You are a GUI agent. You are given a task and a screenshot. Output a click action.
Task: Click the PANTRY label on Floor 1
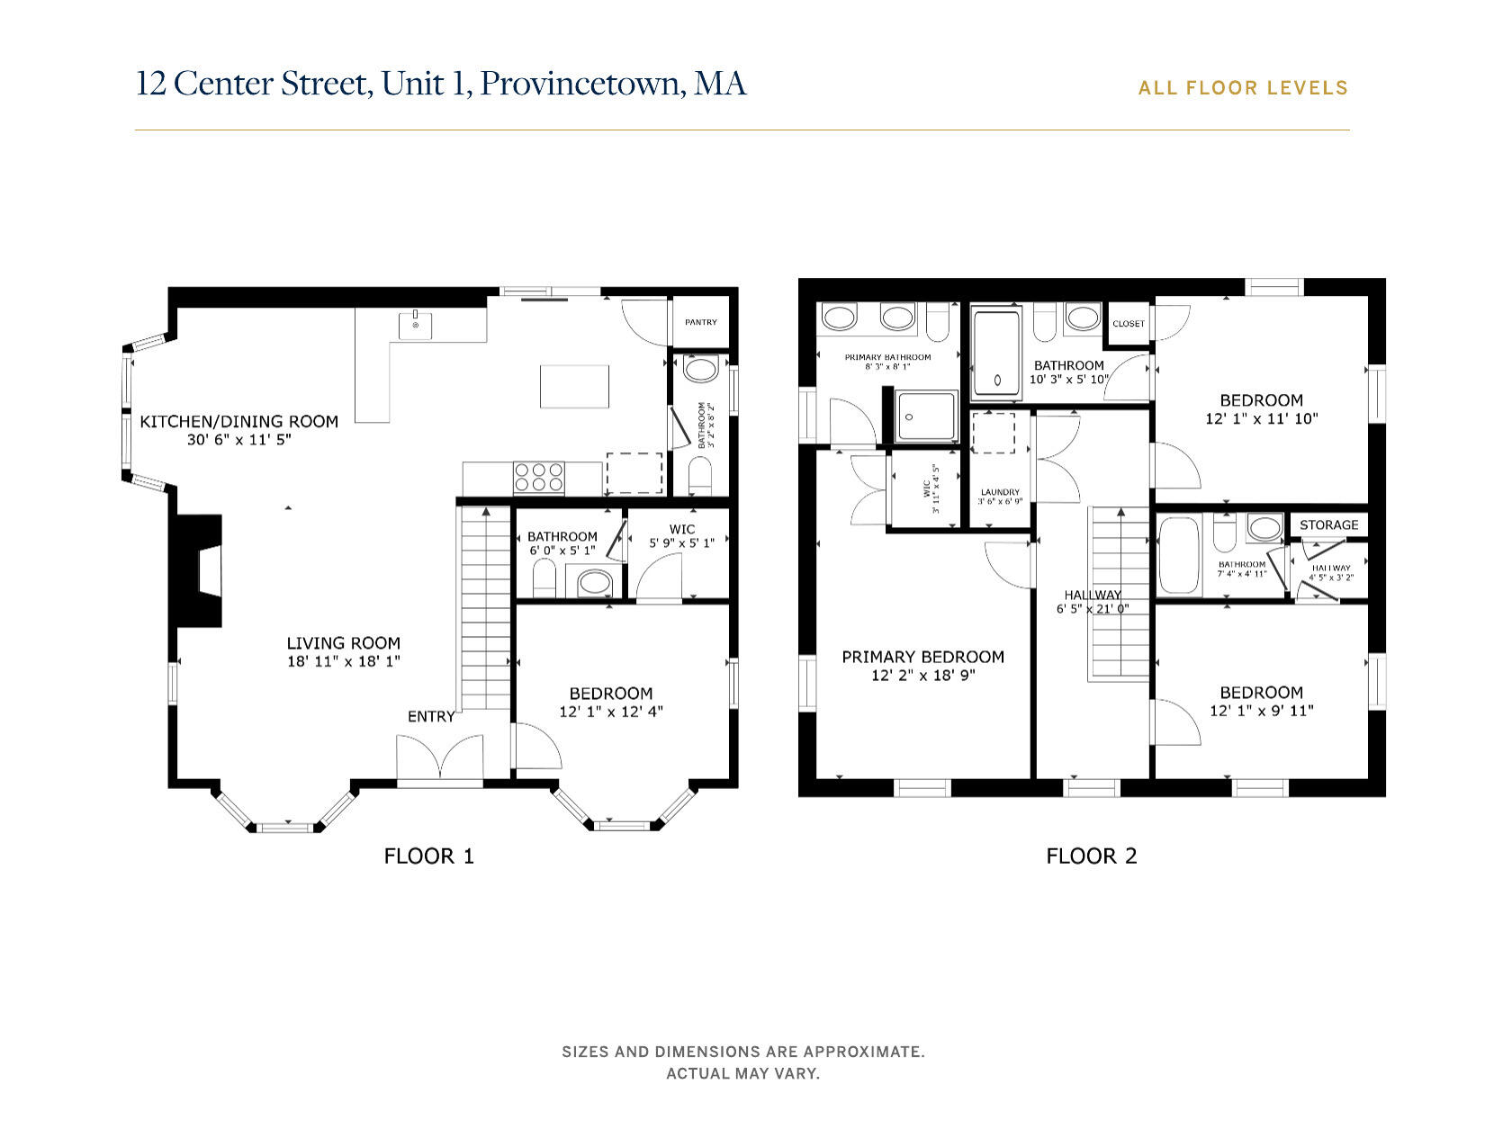[700, 322]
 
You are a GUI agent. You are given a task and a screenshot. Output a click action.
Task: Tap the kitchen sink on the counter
[415, 325]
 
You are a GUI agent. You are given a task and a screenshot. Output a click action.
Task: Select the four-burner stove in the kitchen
[538, 477]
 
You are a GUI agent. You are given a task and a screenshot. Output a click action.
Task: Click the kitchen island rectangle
[574, 387]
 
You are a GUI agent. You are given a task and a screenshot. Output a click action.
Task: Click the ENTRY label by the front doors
[431, 716]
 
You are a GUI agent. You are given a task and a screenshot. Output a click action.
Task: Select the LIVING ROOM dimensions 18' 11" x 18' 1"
[343, 661]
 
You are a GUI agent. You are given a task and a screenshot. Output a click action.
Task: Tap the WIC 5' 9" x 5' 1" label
[681, 543]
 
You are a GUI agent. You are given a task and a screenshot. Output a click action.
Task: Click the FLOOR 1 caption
[428, 856]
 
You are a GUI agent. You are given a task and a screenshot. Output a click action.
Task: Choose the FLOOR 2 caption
[1091, 856]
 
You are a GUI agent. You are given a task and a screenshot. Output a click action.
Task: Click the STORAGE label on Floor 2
[1328, 524]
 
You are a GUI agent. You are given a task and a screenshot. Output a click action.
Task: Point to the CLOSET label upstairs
[1128, 324]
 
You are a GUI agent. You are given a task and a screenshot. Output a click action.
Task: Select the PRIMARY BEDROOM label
[922, 657]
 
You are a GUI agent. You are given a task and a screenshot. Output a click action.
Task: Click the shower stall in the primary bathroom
[926, 416]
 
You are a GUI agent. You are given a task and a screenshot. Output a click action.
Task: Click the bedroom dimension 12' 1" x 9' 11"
[1261, 711]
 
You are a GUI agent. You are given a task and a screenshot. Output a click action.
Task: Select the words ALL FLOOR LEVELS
[1242, 88]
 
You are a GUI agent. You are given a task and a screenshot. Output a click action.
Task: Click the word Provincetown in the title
[580, 84]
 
